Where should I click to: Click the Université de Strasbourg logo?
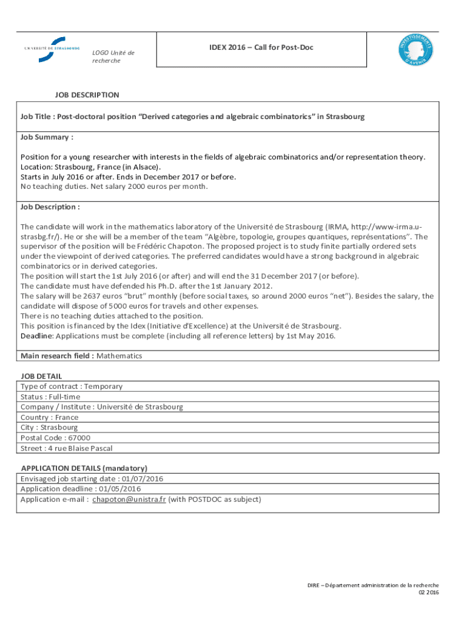point(53,49)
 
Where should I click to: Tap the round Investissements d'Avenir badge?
point(415,49)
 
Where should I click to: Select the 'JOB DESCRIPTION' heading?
point(87,95)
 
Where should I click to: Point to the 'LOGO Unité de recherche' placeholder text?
point(113,56)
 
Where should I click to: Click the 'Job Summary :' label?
point(47,137)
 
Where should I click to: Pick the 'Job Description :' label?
point(50,207)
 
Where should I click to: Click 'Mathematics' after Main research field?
point(119,356)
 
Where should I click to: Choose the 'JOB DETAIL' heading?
point(41,376)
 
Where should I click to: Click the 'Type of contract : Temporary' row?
point(72,386)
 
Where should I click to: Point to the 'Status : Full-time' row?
point(50,397)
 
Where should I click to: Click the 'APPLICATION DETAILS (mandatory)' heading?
point(84,468)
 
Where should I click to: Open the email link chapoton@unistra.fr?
point(129,499)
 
